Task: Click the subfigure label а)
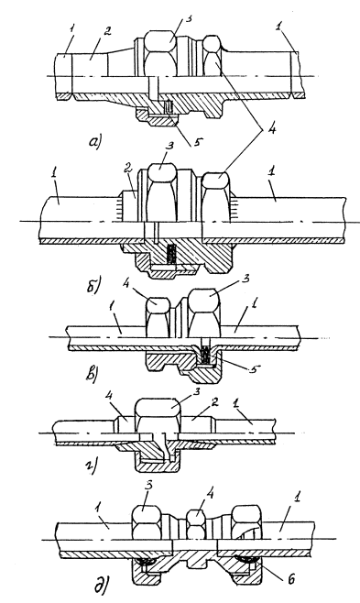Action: point(94,143)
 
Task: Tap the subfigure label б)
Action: point(93,286)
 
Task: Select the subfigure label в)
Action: point(91,373)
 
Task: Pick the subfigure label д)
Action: point(101,587)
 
